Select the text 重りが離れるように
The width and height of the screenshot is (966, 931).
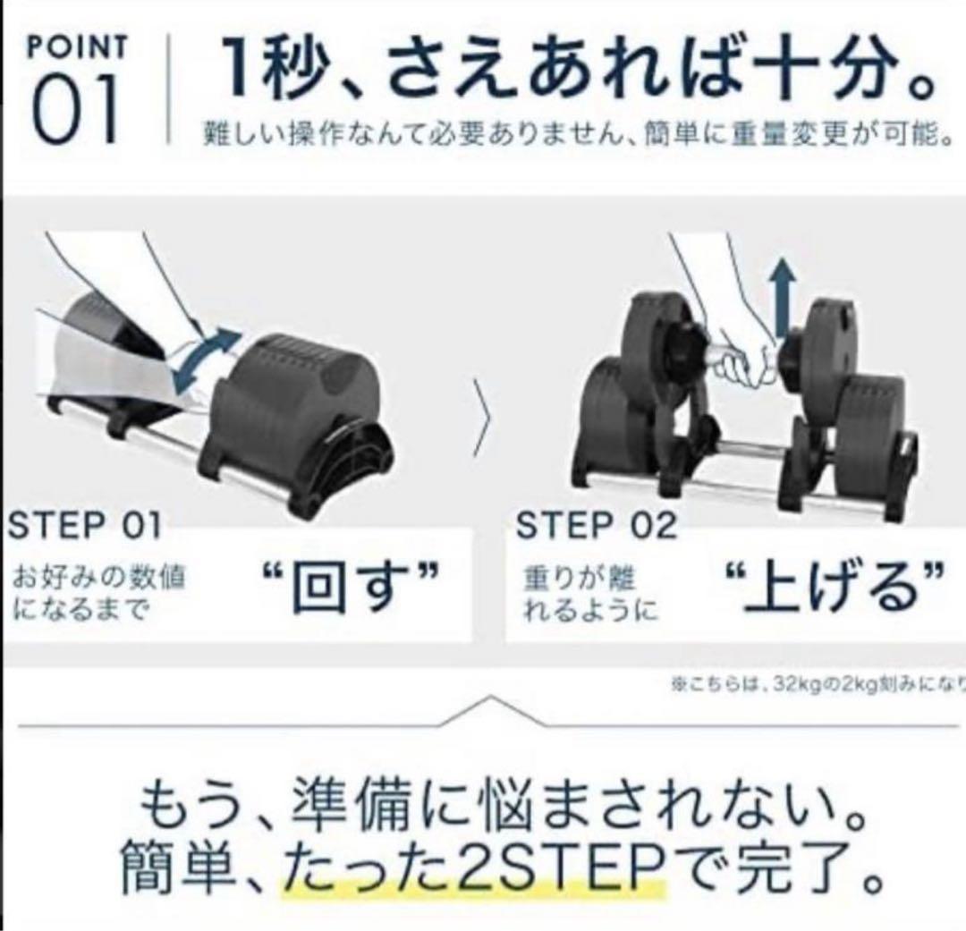coord(590,595)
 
